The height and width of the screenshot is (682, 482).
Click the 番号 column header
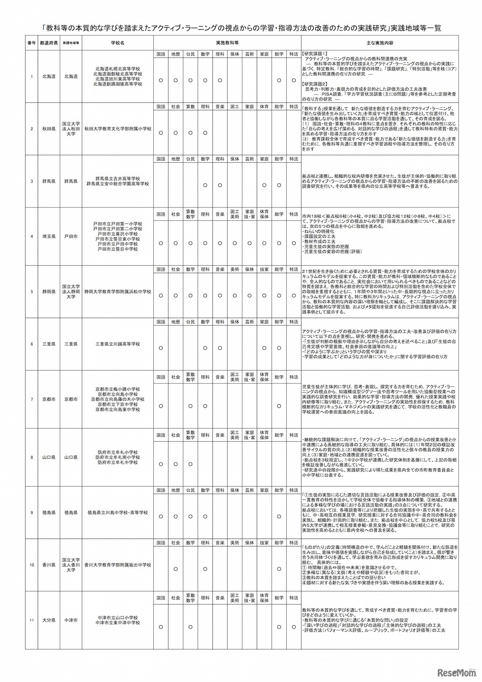click(x=32, y=43)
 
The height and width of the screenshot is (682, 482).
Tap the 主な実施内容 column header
click(x=380, y=43)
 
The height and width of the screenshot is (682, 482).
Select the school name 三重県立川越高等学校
click(x=118, y=344)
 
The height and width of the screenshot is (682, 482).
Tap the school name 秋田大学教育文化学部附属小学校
click(x=118, y=129)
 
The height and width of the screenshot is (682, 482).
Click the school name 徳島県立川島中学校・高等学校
click(x=118, y=513)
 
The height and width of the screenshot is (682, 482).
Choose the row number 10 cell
click(x=32, y=565)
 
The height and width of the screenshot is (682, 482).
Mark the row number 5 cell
click(x=32, y=291)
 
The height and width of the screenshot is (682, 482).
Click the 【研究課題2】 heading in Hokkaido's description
click(x=315, y=84)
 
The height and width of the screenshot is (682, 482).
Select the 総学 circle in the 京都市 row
click(x=279, y=406)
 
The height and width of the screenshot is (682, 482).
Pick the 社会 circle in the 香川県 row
click(x=176, y=569)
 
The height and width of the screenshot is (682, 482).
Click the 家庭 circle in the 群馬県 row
click(x=264, y=185)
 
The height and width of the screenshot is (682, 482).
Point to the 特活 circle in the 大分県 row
click(x=293, y=627)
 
